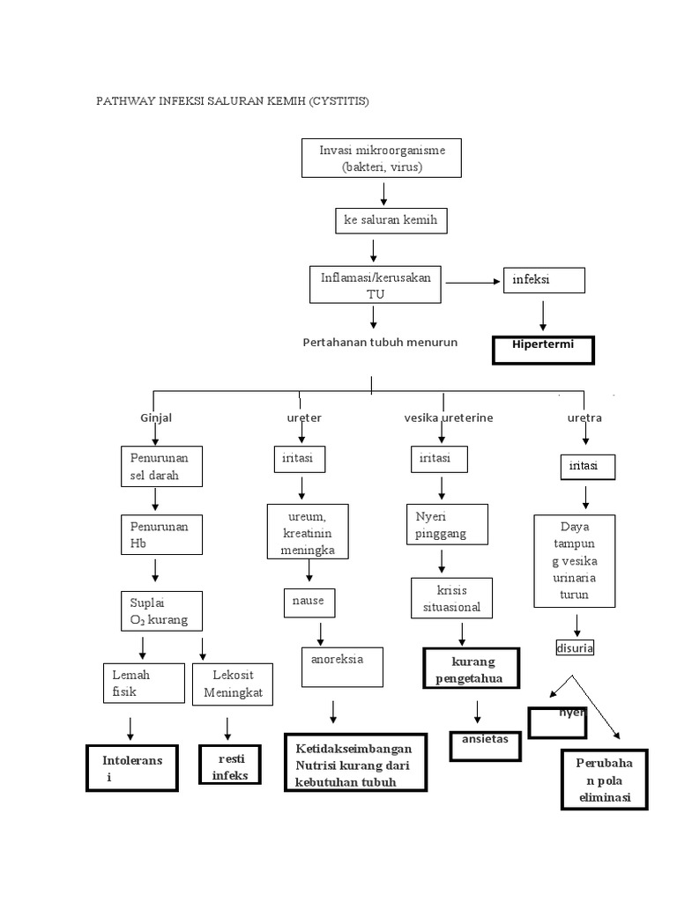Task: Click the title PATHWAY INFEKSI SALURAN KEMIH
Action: pyautogui.click(x=233, y=101)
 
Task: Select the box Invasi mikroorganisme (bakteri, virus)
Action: pyautogui.click(x=382, y=159)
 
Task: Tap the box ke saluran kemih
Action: pyautogui.click(x=391, y=220)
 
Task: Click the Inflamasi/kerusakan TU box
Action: pyautogui.click(x=376, y=285)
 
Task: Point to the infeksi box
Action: pyautogui.click(x=543, y=280)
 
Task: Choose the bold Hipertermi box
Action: pyautogui.click(x=543, y=349)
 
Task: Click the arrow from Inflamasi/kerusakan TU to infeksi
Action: pyautogui.click(x=472, y=283)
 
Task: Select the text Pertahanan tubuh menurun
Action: pyautogui.click(x=380, y=342)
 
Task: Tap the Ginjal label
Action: pyautogui.click(x=156, y=418)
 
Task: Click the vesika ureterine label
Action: pyautogui.click(x=443, y=418)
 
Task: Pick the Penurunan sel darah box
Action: pyautogui.click(x=161, y=467)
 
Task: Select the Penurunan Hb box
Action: pyautogui.click(x=161, y=535)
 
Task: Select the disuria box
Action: pyautogui.click(x=575, y=648)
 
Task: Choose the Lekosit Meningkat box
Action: pyautogui.click(x=233, y=684)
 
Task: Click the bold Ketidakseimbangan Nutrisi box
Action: pyautogui.click(x=355, y=763)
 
